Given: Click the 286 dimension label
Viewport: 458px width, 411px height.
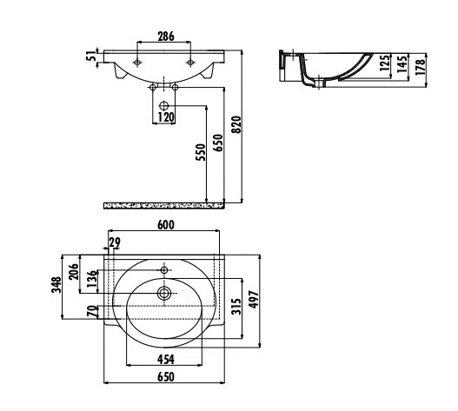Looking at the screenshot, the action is point(166,36).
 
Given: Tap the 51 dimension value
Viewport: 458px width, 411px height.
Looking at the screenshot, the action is point(91,56).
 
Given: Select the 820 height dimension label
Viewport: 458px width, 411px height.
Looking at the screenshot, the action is point(236,124).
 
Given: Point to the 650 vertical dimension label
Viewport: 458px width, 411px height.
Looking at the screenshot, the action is point(218,143).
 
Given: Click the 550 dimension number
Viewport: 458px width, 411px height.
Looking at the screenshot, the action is point(201,152).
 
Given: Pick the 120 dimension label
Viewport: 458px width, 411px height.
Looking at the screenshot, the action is point(166,117).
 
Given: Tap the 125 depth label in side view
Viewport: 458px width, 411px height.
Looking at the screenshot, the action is point(384,63).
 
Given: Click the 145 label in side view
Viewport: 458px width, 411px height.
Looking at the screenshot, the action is point(402,63).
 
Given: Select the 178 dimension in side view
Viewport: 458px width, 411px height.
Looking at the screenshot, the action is point(420,67).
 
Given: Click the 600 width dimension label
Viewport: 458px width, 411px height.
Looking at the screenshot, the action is point(166,225).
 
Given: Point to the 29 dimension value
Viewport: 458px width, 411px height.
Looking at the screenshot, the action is point(115,242).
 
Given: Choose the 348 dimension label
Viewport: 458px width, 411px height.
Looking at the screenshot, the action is point(56,285).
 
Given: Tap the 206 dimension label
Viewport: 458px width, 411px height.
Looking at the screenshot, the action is point(74,272).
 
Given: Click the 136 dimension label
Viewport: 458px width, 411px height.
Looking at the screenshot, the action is point(91,279).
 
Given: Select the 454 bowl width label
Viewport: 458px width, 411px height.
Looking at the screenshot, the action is point(166,360).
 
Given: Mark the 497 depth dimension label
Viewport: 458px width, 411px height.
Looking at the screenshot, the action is point(254,299).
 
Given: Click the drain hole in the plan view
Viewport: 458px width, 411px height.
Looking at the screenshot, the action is point(164,293).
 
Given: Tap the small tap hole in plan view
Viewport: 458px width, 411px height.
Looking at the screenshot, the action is point(164,269).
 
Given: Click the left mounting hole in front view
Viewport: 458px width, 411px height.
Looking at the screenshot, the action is point(137,63).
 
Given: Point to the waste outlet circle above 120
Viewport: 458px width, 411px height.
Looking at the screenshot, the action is point(164,105).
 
